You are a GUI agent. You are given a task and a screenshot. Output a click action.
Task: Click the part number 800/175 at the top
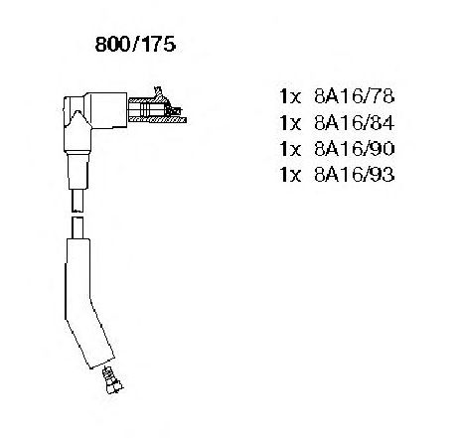(135, 45)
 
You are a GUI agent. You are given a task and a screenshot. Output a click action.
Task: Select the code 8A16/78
(355, 96)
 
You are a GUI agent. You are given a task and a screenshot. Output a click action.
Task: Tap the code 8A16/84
(355, 123)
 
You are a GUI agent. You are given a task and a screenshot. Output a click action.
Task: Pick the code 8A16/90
(355, 149)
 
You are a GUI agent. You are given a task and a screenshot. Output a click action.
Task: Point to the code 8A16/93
(355, 175)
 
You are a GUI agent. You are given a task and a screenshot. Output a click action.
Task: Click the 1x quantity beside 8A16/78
(290, 96)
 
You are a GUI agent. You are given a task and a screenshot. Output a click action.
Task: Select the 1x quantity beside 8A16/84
(290, 123)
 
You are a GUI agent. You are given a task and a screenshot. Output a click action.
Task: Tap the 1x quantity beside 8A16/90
(290, 149)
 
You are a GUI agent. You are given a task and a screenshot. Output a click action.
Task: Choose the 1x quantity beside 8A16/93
(290, 175)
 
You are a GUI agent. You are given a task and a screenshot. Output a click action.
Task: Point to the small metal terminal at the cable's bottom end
(112, 380)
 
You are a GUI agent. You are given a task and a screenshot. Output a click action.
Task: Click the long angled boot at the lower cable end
(86, 303)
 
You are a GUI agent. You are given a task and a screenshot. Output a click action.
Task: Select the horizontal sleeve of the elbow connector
(105, 110)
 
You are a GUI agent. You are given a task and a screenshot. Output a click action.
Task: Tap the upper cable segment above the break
(77, 201)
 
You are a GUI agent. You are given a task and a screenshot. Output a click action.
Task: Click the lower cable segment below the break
(77, 227)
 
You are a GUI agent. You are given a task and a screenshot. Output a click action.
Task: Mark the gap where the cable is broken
(77, 215)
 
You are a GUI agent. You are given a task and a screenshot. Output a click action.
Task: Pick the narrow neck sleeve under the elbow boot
(78, 170)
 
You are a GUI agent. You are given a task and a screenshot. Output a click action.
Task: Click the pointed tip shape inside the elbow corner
(77, 118)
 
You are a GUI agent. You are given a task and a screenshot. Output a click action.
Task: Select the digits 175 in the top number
(158, 45)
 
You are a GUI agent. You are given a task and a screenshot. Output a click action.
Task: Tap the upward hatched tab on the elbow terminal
(159, 93)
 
